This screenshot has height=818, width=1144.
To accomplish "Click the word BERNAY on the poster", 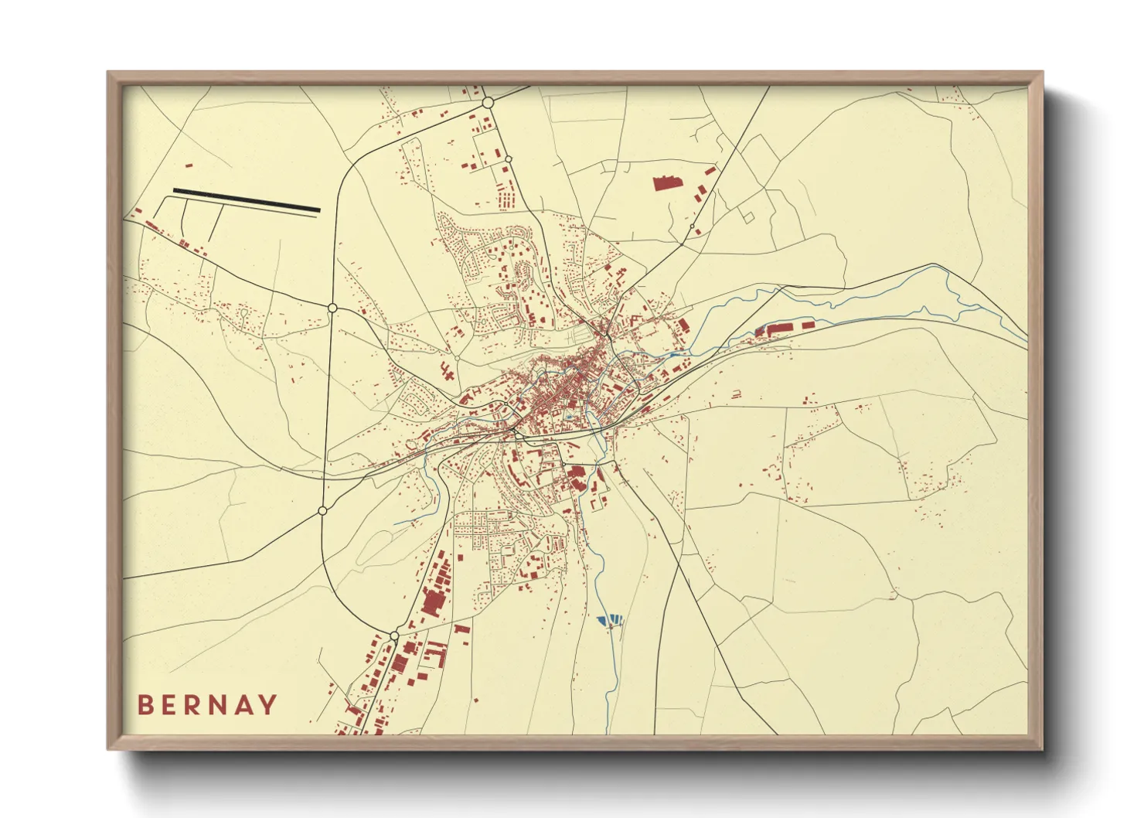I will coord(207,704).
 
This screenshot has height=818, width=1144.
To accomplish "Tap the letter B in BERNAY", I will coord(145,704).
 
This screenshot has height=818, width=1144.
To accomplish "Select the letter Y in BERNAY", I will coord(267,704).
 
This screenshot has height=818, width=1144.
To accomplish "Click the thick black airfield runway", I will coord(247,199).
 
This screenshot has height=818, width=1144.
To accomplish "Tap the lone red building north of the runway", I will coord(188,165).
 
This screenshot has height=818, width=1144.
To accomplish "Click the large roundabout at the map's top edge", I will coord(488,102).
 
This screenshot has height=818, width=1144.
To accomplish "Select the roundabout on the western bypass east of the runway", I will coord(332,308).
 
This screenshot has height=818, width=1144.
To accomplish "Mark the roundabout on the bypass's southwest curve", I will coord(322,511).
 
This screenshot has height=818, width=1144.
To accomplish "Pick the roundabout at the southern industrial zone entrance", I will coord(394,636).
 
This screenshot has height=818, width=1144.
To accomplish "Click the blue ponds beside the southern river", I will coord(611,619).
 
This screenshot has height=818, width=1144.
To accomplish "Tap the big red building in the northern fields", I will coord(665,183).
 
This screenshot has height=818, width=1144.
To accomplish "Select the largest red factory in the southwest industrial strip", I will coord(431,602).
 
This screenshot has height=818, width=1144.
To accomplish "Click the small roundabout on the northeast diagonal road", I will coord(693,227).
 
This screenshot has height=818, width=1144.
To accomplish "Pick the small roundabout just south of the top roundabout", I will coord(508,159).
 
